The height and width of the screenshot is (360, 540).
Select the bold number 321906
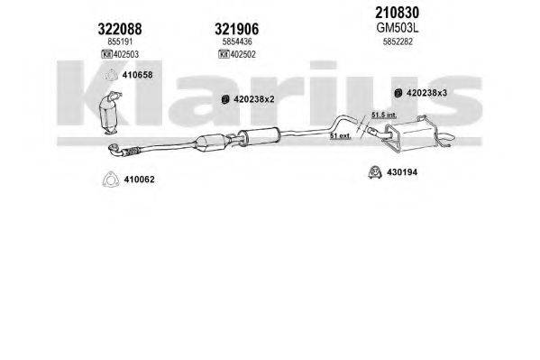238,27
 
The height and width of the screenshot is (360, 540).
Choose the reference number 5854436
238,42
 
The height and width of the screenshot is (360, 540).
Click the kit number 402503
125,56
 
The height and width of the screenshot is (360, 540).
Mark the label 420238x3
433,93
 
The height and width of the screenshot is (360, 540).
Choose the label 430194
402,171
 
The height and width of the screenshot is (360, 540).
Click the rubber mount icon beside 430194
371,171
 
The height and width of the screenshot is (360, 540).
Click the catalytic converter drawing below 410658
116,115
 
